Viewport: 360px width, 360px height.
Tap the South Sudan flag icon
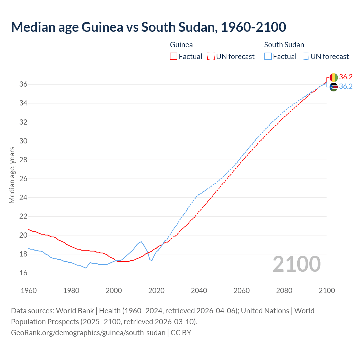pyautogui.click(x=334, y=87)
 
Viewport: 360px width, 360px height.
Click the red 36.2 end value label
pyautogui.click(x=346, y=77)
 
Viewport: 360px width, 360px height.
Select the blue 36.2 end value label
pyautogui.click(x=346, y=87)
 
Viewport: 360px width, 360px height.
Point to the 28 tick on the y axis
pyautogui.click(x=23, y=160)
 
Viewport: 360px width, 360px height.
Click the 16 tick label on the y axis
pyautogui.click(x=23, y=273)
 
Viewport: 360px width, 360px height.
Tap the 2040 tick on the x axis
pyautogui.click(x=199, y=291)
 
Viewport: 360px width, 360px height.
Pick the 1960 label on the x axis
pyautogui.click(x=29, y=291)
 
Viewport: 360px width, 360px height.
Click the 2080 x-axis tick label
pyautogui.click(x=284, y=291)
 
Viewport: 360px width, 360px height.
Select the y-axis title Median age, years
pyautogui.click(x=12, y=175)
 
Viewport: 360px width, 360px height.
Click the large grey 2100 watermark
pyautogui.click(x=296, y=264)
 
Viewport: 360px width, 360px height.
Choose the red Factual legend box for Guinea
pyautogui.click(x=174, y=57)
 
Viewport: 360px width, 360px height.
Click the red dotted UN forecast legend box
pyautogui.click(x=211, y=57)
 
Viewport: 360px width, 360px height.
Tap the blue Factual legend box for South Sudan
pyautogui.click(x=268, y=57)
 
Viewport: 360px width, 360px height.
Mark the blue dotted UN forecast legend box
pyautogui.click(x=305, y=57)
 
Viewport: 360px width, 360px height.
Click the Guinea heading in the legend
pyautogui.click(x=181, y=45)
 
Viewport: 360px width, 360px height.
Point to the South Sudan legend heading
pyautogui.click(x=284, y=45)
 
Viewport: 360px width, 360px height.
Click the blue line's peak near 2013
pyautogui.click(x=141, y=242)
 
